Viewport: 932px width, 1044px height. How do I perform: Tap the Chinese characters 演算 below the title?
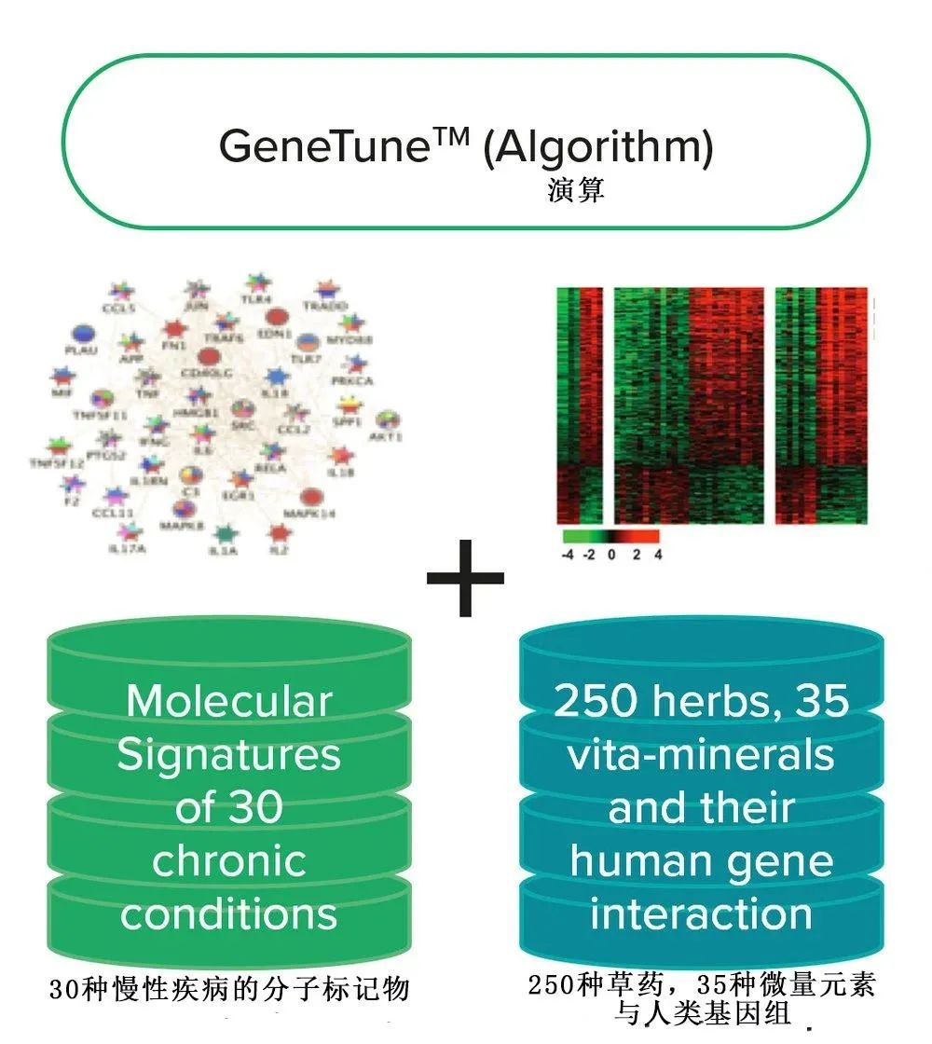(576, 191)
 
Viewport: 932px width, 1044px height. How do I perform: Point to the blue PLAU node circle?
(84, 334)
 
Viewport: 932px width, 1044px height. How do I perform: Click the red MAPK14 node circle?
(312, 497)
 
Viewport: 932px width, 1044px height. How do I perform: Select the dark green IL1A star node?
(223, 535)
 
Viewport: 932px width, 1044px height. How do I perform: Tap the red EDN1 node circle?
(275, 317)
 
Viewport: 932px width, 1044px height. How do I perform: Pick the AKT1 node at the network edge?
(388, 420)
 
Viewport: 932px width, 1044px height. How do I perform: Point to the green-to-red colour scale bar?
(610, 537)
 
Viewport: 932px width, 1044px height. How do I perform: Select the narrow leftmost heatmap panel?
(580, 405)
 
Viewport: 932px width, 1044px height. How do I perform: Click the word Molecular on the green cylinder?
(228, 701)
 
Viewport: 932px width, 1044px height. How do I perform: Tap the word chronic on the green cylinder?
(228, 860)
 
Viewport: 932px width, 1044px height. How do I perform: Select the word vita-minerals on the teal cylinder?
(701, 754)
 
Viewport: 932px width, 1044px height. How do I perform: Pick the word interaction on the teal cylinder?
(701, 913)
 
